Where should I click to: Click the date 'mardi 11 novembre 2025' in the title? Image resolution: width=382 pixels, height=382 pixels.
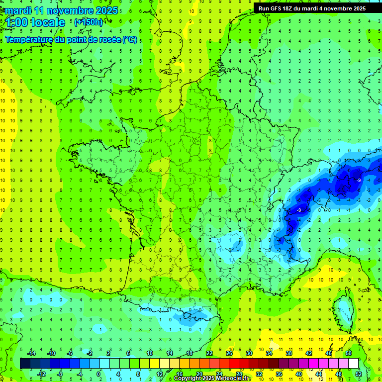(x=62, y=10)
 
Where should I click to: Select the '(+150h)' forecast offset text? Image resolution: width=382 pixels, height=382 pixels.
(x=89, y=22)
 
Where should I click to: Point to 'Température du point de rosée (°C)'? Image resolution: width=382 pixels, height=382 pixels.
(x=71, y=39)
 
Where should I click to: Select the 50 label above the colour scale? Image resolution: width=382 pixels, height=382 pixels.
(x=349, y=353)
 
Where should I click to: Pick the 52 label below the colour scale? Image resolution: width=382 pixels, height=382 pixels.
(x=359, y=374)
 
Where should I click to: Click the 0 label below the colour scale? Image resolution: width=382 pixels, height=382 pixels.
(x=98, y=374)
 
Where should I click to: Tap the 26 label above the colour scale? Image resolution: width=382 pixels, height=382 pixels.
(x=229, y=353)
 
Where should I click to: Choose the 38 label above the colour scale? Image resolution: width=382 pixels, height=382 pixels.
(x=289, y=353)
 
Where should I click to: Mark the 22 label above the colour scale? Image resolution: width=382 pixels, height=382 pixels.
(x=209, y=353)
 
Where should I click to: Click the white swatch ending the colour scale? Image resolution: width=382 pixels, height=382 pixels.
(x=354, y=364)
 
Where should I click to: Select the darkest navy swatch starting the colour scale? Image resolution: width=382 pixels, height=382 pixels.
(x=25, y=364)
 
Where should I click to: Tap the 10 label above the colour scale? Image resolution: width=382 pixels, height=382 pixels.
(x=150, y=353)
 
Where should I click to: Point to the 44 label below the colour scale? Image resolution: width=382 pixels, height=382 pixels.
(x=319, y=374)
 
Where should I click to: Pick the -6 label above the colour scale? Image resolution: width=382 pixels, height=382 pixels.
(x=70, y=353)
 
